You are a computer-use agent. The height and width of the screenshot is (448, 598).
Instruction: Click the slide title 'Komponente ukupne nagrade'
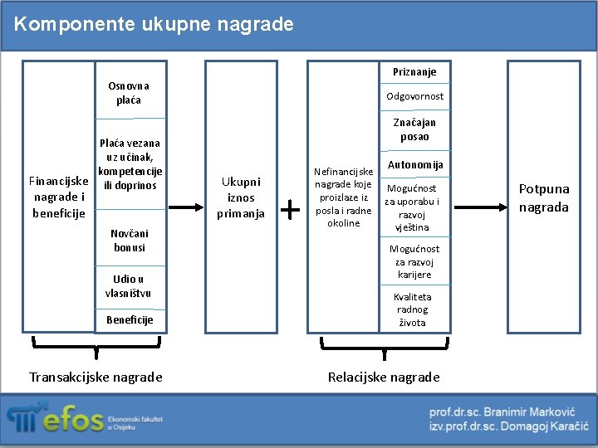coord(154,24)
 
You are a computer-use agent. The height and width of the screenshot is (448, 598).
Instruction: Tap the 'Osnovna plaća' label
coord(129,93)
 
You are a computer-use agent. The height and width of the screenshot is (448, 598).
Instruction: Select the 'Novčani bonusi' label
coord(129,241)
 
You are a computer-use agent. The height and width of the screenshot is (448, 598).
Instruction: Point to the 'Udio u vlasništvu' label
coord(129,286)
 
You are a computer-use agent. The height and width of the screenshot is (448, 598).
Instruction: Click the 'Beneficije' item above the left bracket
coord(130,319)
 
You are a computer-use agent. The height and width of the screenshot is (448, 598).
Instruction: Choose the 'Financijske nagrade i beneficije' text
coord(59,197)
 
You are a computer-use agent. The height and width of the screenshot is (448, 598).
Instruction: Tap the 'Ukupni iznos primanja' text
coord(241,197)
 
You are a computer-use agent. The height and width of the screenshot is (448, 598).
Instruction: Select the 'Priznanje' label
coord(414,72)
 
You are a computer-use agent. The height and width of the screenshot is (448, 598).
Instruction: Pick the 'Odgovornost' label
coord(414,96)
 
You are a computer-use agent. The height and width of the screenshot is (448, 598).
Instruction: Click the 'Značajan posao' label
coord(414,129)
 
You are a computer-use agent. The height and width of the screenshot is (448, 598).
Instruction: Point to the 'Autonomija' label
coord(415,165)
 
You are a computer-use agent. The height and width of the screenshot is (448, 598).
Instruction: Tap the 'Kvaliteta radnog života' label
coord(413,309)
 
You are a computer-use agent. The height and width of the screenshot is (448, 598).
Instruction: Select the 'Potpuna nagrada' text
coord(544,197)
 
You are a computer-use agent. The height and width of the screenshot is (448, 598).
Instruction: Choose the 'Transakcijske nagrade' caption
coord(96,377)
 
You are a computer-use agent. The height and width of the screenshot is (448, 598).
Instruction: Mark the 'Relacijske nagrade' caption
coord(384,377)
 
